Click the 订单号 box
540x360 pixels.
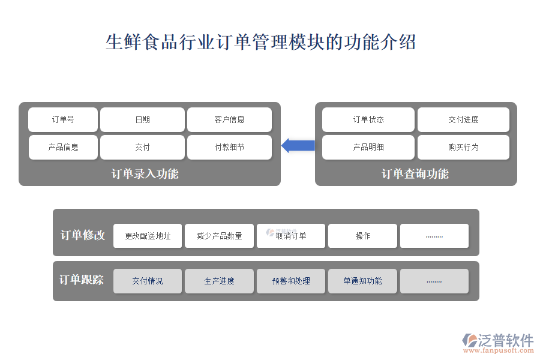63,119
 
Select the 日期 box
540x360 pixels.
142,119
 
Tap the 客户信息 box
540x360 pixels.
229,119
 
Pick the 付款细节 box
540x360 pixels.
229,147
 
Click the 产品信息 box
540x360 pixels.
63,147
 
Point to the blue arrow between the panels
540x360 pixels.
298,145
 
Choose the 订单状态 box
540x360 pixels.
368,119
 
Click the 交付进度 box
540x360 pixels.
463,119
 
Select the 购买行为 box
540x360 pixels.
463,147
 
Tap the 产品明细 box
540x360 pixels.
368,147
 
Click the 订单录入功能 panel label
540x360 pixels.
145,173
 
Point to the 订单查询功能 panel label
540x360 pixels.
415,173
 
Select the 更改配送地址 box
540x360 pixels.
148,236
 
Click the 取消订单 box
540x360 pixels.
291,236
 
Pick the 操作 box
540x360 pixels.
362,236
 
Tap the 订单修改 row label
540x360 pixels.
83,235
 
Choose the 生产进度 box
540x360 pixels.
219,281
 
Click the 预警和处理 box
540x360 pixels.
291,281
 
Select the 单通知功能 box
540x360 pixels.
362,281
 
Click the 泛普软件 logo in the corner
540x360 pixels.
498,343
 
